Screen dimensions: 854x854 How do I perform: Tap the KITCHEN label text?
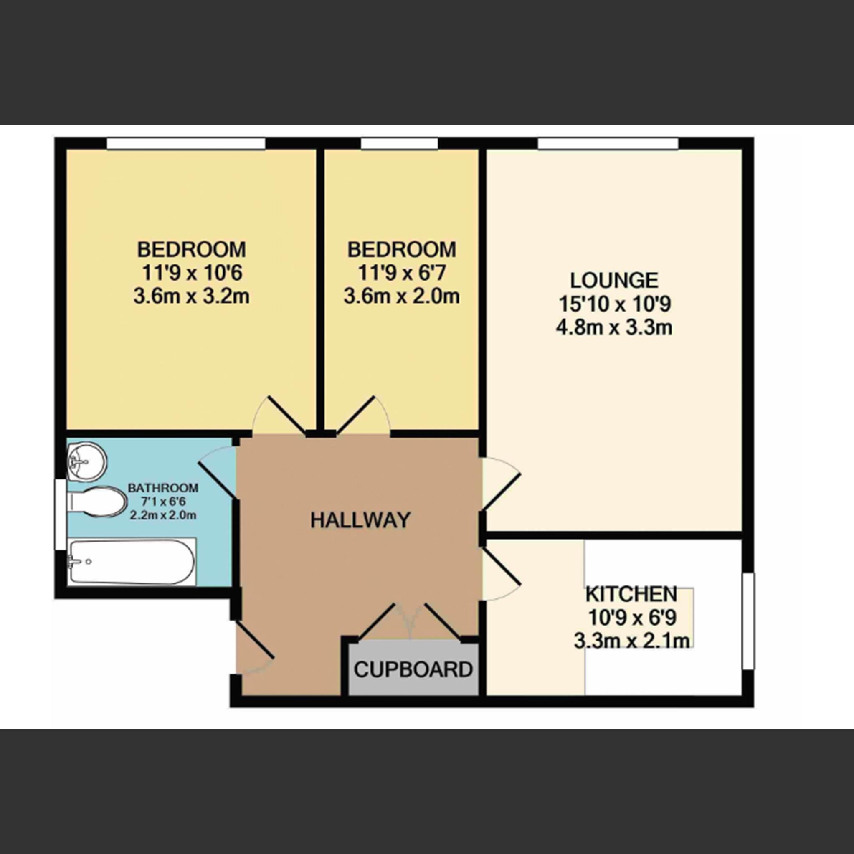(631, 595)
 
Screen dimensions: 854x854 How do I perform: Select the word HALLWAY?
(360, 520)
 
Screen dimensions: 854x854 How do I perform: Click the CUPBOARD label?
(413, 670)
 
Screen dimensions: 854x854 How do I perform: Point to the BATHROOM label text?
(163, 488)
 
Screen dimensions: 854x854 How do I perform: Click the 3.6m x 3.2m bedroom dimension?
(191, 296)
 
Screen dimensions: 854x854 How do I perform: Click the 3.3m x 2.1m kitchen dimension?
(631, 641)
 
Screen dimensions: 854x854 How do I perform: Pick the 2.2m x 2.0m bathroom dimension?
(163, 515)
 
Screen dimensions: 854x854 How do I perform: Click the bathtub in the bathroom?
(132, 561)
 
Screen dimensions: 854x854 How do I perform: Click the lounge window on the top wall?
(608, 144)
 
